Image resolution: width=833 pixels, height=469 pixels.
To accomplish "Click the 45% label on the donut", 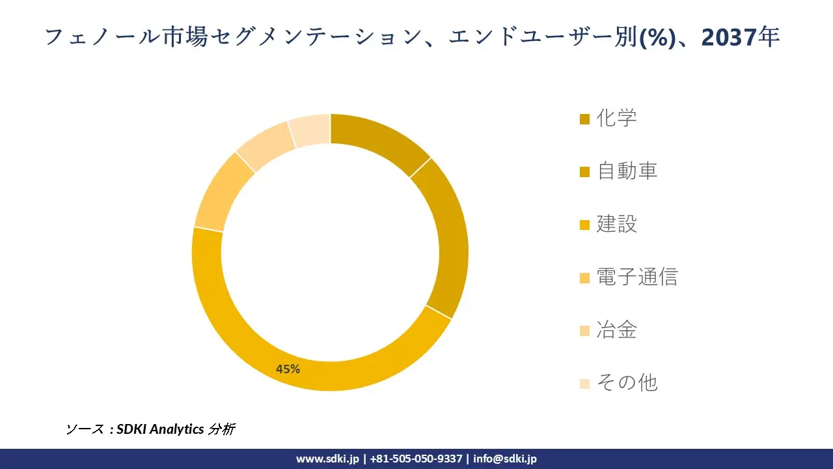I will pos(288,369).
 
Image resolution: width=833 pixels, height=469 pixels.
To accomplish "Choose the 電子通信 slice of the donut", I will pos(219,196).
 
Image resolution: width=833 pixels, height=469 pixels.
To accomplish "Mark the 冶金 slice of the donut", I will pos(264,147).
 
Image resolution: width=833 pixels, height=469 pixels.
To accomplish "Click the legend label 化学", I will pos(616,119).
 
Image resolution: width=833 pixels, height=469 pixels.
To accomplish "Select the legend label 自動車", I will pos(627,171).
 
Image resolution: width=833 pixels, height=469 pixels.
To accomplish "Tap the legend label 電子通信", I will pos(636,277).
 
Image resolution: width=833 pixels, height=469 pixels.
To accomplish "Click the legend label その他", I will pos(627,382).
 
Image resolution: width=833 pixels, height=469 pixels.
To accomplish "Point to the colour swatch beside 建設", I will pos(584,225).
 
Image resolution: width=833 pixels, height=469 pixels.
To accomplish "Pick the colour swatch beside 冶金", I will pos(584,330).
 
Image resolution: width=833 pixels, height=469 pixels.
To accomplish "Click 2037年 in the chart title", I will pos(741,38).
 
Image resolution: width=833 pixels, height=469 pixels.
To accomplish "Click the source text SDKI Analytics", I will pos(160,429).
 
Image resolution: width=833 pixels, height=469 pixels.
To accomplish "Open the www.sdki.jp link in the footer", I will pos(327,459).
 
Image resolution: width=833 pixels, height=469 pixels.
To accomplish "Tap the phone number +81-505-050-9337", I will pos(416,459).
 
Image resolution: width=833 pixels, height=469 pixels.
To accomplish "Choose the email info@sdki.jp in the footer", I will pos(505,459).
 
